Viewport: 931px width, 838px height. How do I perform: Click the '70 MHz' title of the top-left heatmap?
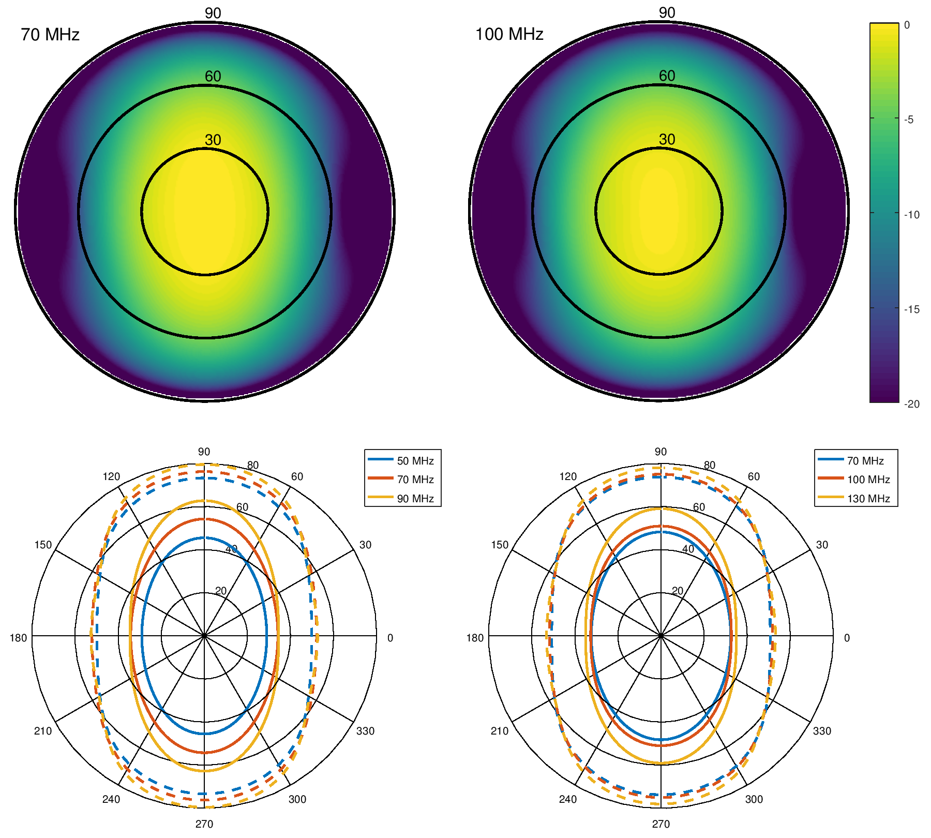[50, 35]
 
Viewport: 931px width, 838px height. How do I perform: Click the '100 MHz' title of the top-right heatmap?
[509, 34]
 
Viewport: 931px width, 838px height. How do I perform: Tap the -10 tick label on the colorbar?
[911, 215]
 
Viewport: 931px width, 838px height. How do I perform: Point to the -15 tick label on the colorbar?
[911, 309]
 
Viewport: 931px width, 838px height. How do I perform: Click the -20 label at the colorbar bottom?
[911, 404]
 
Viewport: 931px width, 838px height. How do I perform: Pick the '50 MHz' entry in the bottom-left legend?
[415, 461]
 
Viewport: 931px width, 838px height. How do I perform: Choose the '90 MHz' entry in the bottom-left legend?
[415, 499]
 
